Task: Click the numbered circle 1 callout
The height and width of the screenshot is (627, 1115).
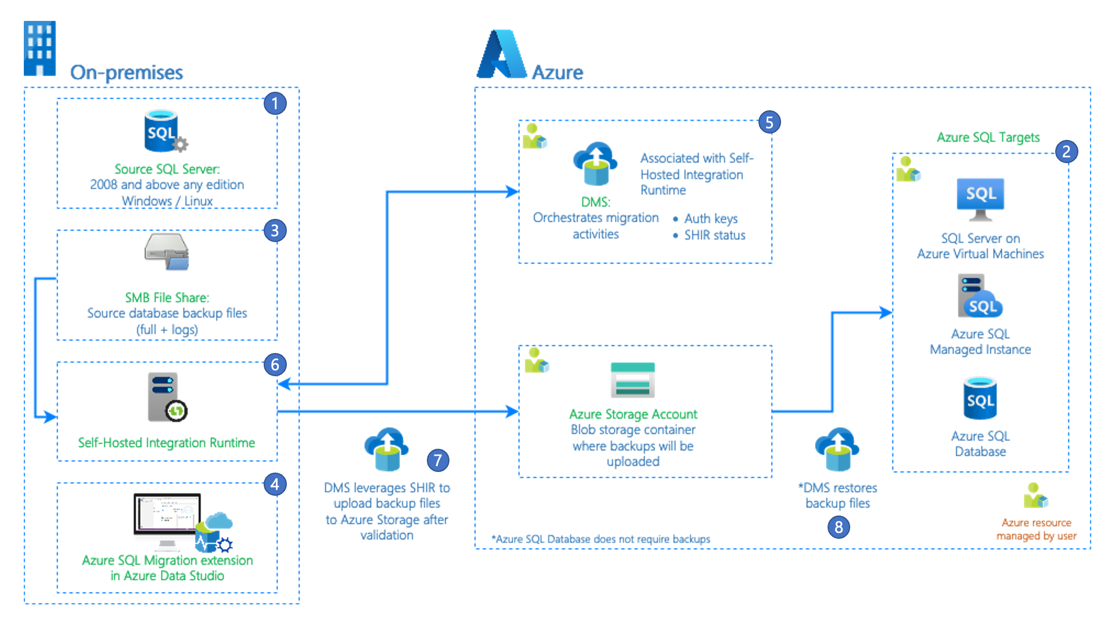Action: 275,104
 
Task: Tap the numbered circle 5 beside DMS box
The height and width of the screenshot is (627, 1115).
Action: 769,122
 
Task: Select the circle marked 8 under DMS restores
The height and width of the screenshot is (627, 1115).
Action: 838,527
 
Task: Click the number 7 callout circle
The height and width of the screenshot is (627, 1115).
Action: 438,460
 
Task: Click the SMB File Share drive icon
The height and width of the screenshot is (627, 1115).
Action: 167,251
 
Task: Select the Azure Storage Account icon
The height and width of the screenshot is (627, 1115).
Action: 632,380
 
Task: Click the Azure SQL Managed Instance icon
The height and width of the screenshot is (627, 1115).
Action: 980,296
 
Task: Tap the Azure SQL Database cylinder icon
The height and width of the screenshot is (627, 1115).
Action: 980,398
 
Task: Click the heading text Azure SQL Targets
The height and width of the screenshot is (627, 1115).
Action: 988,138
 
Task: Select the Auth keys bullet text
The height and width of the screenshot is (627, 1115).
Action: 711,219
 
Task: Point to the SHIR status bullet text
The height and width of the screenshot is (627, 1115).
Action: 714,235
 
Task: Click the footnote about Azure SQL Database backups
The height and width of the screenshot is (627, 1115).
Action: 600,539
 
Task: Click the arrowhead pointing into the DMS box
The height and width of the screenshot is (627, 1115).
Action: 512,192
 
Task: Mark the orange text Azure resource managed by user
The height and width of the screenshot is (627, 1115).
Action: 1036,529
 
